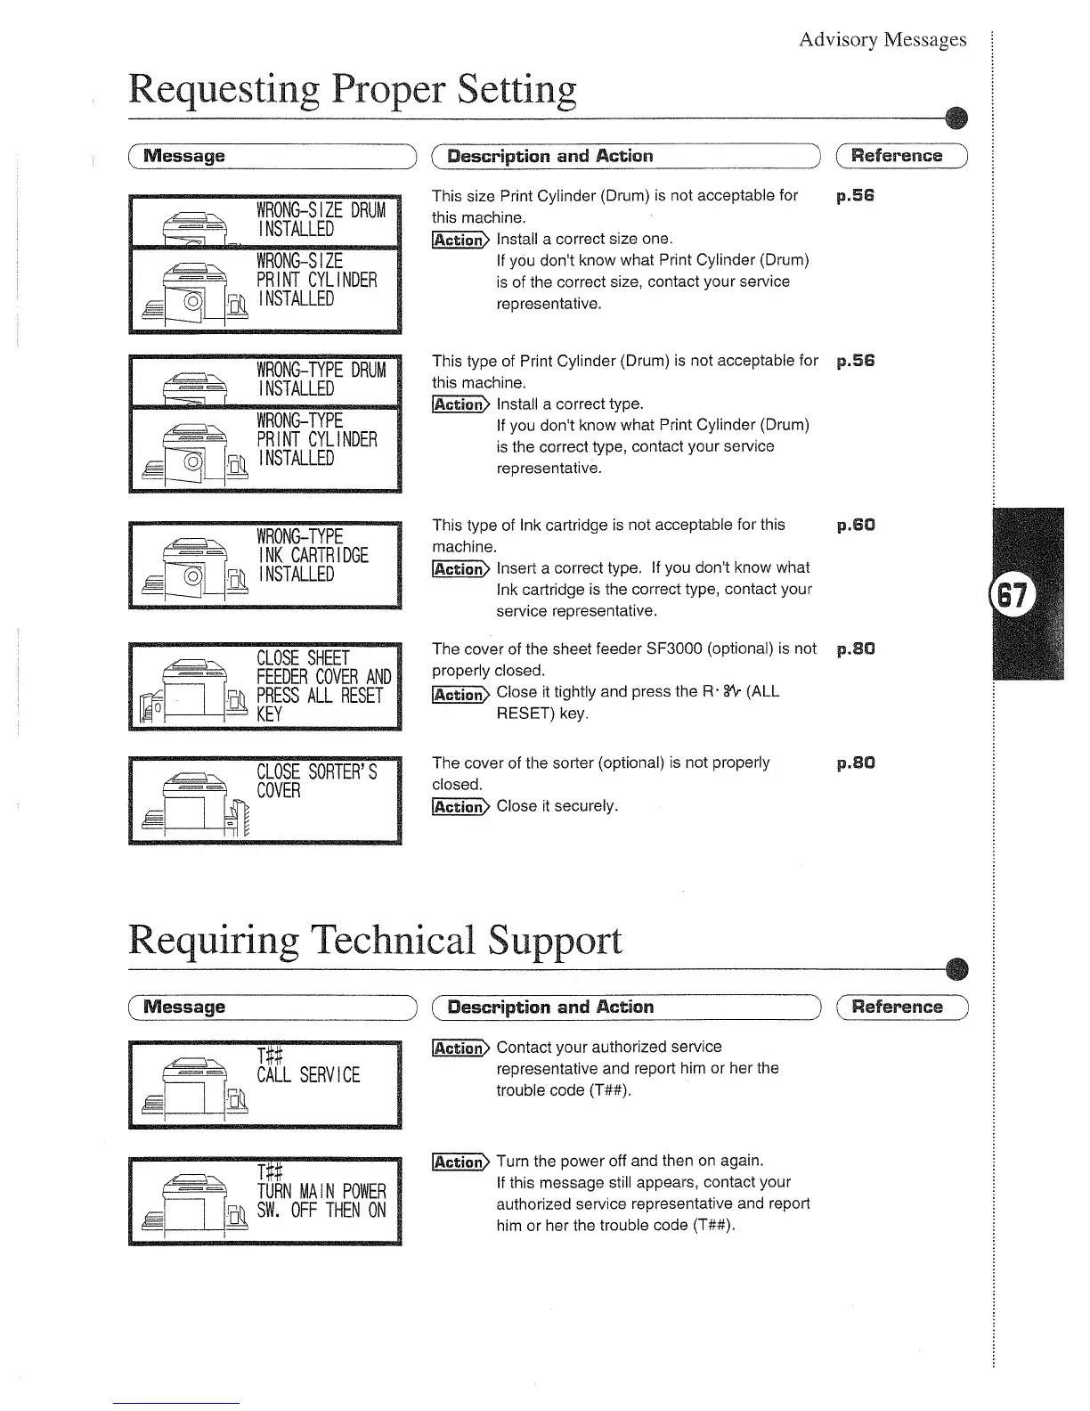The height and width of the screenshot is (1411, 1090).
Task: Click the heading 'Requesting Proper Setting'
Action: pos(353,90)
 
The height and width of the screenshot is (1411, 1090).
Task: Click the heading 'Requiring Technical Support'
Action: pos(375,941)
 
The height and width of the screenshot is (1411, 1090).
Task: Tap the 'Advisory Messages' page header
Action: pos(882,39)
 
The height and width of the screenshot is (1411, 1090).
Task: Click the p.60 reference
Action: pos(856,526)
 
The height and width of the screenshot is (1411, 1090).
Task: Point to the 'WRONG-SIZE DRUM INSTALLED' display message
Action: pos(321,219)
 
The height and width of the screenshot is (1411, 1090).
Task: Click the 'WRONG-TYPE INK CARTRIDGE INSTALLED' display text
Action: pos(312,555)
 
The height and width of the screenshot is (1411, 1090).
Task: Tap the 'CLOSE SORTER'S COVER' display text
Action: pos(316,781)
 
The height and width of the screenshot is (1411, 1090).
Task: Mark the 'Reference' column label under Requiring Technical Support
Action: pos(897,1007)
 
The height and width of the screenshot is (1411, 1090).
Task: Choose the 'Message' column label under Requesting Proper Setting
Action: pos(184,157)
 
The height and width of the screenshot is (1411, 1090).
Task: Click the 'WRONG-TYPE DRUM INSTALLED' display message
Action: pos(321,379)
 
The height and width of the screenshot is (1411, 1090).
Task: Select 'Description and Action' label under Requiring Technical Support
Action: pos(550,1007)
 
